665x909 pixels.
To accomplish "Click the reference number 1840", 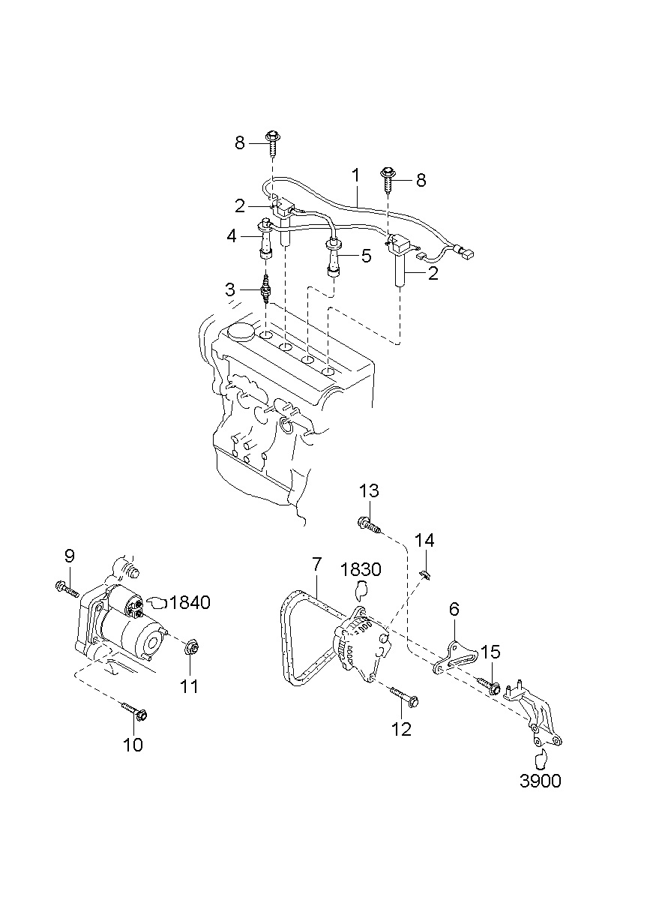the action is click(x=190, y=602).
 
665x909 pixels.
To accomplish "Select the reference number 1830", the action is click(x=361, y=569).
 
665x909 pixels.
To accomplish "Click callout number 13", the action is click(x=369, y=490).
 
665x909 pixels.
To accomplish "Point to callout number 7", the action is click(x=316, y=564).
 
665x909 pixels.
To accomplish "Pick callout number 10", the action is click(x=133, y=745).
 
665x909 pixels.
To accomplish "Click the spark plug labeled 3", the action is click(x=265, y=289).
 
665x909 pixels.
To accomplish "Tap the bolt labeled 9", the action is click(x=66, y=590).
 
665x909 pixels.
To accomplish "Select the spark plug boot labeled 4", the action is click(x=265, y=238).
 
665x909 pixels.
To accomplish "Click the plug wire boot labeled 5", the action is click(x=333, y=259).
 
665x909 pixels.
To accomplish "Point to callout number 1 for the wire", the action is click(x=355, y=175).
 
